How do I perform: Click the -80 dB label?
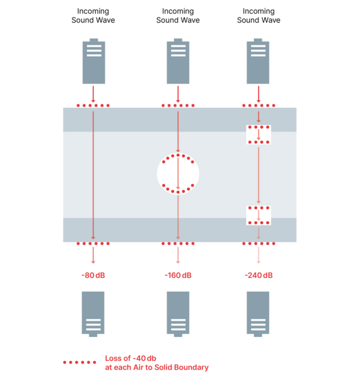[93, 275]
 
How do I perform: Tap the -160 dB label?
[178, 275]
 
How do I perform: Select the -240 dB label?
[258, 275]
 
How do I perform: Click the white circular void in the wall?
[178, 174]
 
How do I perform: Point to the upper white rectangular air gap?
[258, 135]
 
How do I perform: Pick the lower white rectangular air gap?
[258, 215]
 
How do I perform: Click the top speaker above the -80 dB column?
[93, 61]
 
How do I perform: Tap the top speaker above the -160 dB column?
[178, 61]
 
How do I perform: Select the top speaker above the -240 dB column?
[258, 61]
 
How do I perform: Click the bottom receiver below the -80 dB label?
[93, 314]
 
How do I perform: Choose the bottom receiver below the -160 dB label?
[178, 314]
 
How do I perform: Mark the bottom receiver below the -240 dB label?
[258, 314]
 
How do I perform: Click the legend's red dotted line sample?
[79, 362]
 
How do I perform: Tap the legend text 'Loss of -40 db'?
[131, 358]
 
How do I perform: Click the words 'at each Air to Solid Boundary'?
[157, 367]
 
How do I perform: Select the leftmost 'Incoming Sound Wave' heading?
[93, 16]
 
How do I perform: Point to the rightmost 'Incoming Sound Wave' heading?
[258, 16]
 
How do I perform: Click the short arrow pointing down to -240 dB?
[258, 255]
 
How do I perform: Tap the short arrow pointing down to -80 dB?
[93, 255]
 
